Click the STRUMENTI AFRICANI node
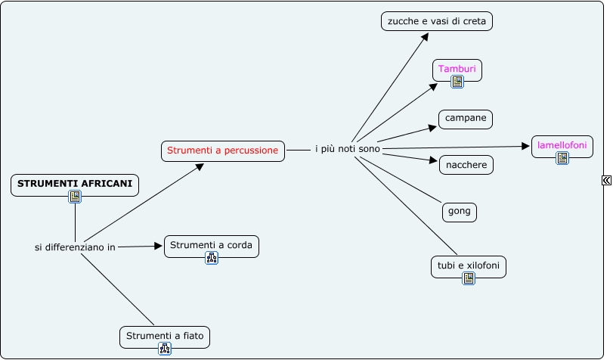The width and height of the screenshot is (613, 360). [75, 183]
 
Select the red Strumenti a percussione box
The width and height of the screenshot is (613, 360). [223, 151]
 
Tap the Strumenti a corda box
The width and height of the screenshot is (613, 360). [212, 245]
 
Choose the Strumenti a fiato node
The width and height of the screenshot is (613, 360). [165, 335]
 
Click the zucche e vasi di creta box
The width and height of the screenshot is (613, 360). [437, 22]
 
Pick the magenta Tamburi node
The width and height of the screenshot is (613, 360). [457, 69]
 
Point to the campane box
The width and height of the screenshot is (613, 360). [466, 119]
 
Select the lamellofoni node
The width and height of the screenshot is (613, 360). [562, 144]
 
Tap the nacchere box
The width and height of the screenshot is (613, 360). [466, 164]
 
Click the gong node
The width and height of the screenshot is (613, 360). [460, 211]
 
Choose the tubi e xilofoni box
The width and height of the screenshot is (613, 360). [468, 265]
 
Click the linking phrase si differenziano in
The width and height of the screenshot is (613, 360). [75, 247]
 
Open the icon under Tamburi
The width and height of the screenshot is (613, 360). [457, 82]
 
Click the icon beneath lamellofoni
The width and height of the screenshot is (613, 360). [562, 158]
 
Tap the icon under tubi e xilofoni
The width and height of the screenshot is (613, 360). [469, 278]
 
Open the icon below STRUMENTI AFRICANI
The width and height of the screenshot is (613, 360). [75, 197]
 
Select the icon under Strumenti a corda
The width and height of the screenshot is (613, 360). [212, 258]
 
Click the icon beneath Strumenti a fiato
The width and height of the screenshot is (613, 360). [165, 349]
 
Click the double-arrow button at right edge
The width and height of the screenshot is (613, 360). [606, 180]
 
